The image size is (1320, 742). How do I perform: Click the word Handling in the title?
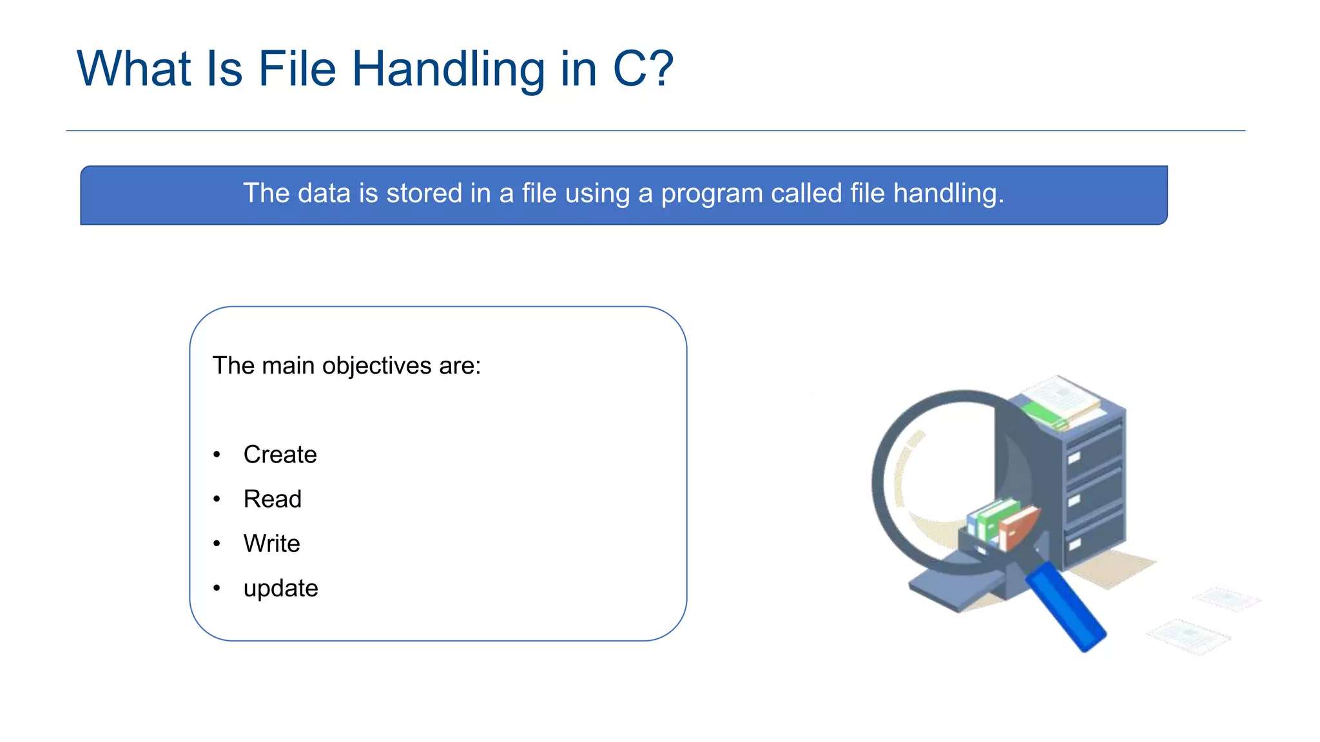(448, 70)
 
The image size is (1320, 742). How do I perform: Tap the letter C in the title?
(629, 70)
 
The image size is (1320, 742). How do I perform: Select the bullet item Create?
(280, 455)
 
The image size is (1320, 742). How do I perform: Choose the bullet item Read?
(272, 499)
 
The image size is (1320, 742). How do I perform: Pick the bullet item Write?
(271, 544)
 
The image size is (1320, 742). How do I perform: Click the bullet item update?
(280, 589)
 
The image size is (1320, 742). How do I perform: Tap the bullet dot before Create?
(217, 455)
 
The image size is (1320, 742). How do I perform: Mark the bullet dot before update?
(217, 588)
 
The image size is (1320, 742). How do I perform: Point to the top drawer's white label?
(1074, 458)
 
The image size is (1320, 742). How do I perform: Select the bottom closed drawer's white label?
(1074, 544)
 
